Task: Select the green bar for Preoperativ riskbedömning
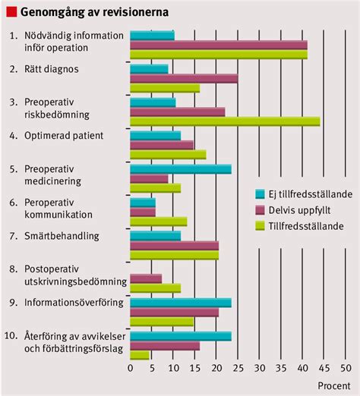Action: coord(225,121)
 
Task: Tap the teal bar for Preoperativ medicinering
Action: coord(181,169)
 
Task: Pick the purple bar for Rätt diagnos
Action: coord(184,78)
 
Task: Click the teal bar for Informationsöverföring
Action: coord(181,302)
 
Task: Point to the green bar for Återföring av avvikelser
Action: coord(140,355)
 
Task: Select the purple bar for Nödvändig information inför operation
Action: coord(219,45)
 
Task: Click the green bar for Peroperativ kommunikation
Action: coord(159,222)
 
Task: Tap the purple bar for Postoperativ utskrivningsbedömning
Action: coord(146,278)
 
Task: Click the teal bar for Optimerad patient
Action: coord(156,136)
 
